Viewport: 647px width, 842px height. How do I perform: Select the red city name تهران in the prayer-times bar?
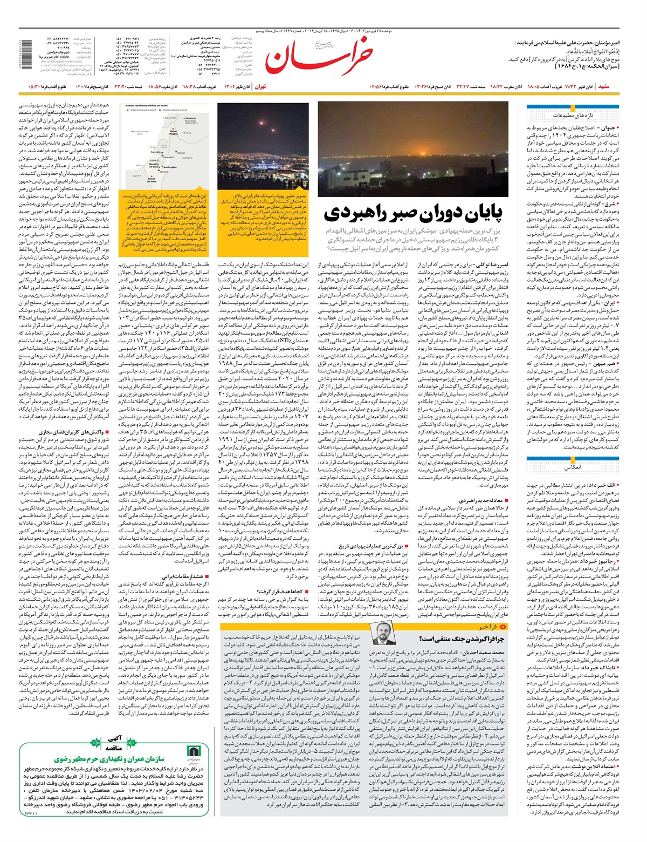tap(260, 86)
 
